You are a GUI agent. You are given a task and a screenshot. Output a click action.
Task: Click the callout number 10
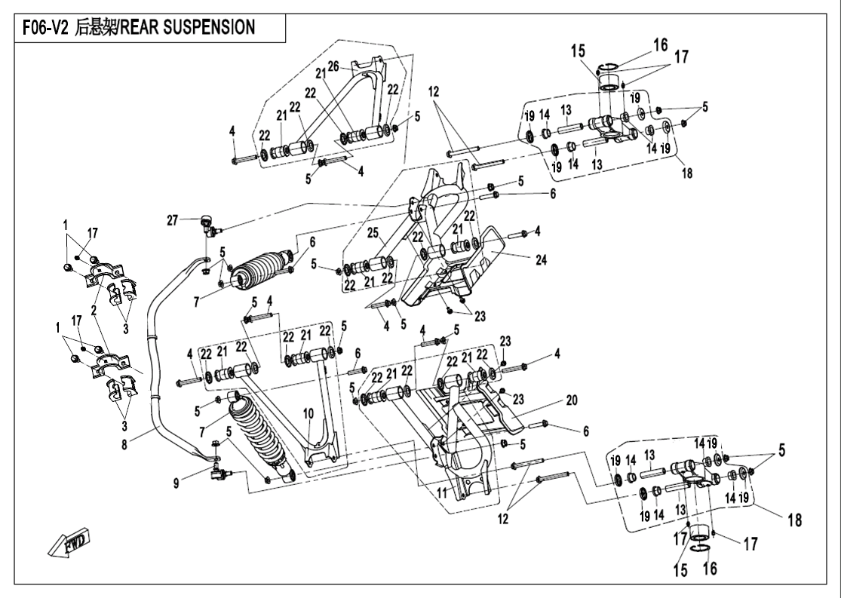pyautogui.click(x=307, y=412)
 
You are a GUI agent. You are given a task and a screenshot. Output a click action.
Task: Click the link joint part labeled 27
pyautogui.click(x=206, y=223)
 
